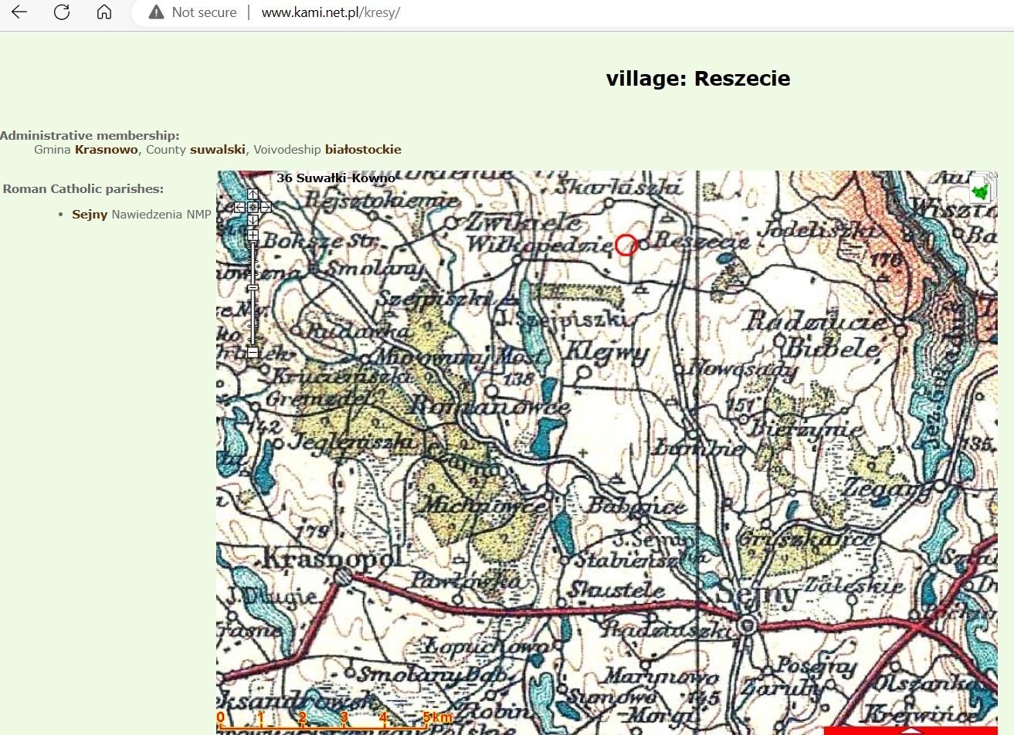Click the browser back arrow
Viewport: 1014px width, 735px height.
coord(19,12)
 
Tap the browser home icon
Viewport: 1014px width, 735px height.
coord(104,12)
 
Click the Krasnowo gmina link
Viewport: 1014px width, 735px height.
coord(107,150)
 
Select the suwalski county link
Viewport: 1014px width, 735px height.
coord(218,150)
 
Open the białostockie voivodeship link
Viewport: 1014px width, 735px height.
coord(363,150)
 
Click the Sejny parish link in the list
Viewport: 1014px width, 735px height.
coord(90,215)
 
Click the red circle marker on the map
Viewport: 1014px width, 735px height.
coord(626,245)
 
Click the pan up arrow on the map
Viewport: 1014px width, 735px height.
coord(253,195)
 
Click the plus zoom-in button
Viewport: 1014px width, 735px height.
coord(253,235)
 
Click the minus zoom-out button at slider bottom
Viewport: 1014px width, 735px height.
coord(253,352)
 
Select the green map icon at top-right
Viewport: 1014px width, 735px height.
coord(981,189)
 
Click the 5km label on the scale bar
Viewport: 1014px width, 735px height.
coord(438,718)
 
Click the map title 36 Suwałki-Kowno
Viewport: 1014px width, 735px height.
coord(336,178)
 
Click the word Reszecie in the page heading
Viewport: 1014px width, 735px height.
coord(742,79)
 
